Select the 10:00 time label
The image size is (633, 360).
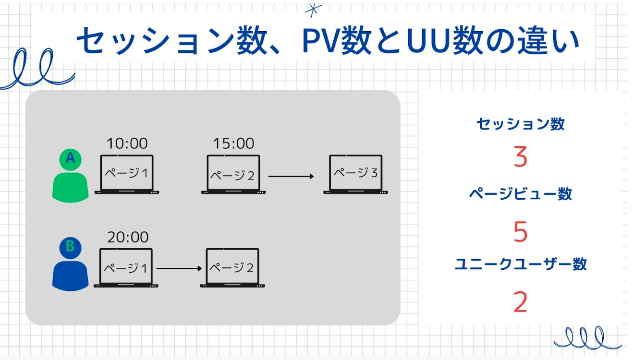[127, 143]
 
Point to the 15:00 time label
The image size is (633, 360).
[233, 143]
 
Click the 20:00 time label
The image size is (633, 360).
[127, 237]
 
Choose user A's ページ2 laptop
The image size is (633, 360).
[233, 174]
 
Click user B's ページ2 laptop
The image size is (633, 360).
[232, 268]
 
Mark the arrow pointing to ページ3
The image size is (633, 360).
[291, 176]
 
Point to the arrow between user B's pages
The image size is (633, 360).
[179, 268]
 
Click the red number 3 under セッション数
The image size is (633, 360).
[520, 157]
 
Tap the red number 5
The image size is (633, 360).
[520, 232]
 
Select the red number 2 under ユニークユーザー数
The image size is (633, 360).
[520, 302]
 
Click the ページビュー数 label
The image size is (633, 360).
[520, 194]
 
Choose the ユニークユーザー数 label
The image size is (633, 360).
[520, 264]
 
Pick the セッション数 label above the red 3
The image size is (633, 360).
[520, 124]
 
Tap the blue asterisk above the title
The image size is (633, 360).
[314, 10]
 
